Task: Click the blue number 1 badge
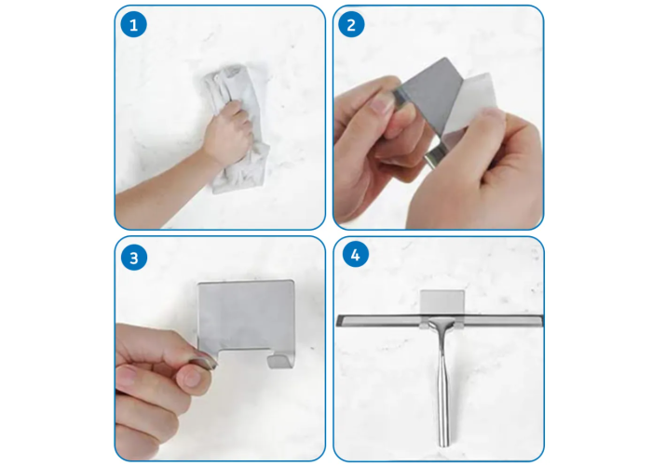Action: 133,25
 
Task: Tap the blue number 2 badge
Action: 351,25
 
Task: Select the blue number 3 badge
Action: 134,258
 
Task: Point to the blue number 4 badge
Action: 356,254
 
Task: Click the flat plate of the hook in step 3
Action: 246,314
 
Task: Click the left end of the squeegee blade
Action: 337,320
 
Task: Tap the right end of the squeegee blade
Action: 541,321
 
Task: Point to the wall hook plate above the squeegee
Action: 442,303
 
